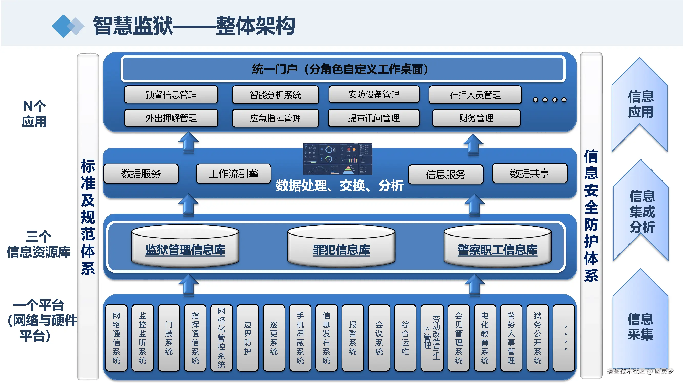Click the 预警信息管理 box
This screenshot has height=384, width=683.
(171, 95)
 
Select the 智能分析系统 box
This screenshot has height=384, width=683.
(275, 95)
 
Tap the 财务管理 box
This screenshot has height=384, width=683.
(476, 118)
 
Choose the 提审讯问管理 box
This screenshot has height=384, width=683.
(374, 118)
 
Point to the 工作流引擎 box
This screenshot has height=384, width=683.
(233, 174)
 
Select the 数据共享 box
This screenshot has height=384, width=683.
(530, 174)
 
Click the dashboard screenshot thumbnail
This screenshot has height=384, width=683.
(338, 159)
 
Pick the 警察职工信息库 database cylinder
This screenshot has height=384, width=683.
(497, 247)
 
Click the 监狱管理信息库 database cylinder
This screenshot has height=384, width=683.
(185, 247)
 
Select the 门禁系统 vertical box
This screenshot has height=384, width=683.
(169, 338)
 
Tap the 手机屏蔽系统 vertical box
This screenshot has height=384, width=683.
(300, 338)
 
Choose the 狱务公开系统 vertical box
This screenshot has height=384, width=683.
(538, 338)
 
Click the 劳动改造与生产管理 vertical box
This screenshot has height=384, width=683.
(432, 338)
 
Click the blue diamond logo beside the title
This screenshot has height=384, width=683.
(68, 26)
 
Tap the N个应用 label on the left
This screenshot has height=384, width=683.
(34, 114)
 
